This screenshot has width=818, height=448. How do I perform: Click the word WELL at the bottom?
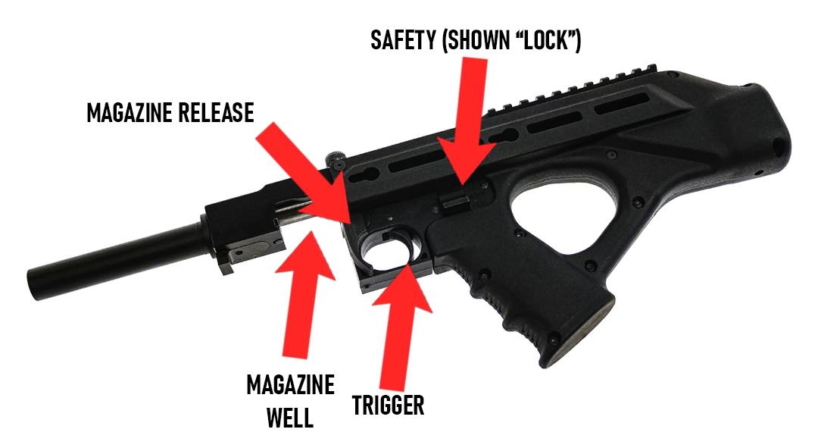click(289, 418)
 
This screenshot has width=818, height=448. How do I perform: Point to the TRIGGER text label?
click(389, 405)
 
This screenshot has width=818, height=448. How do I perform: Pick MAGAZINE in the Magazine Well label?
click(290, 385)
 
